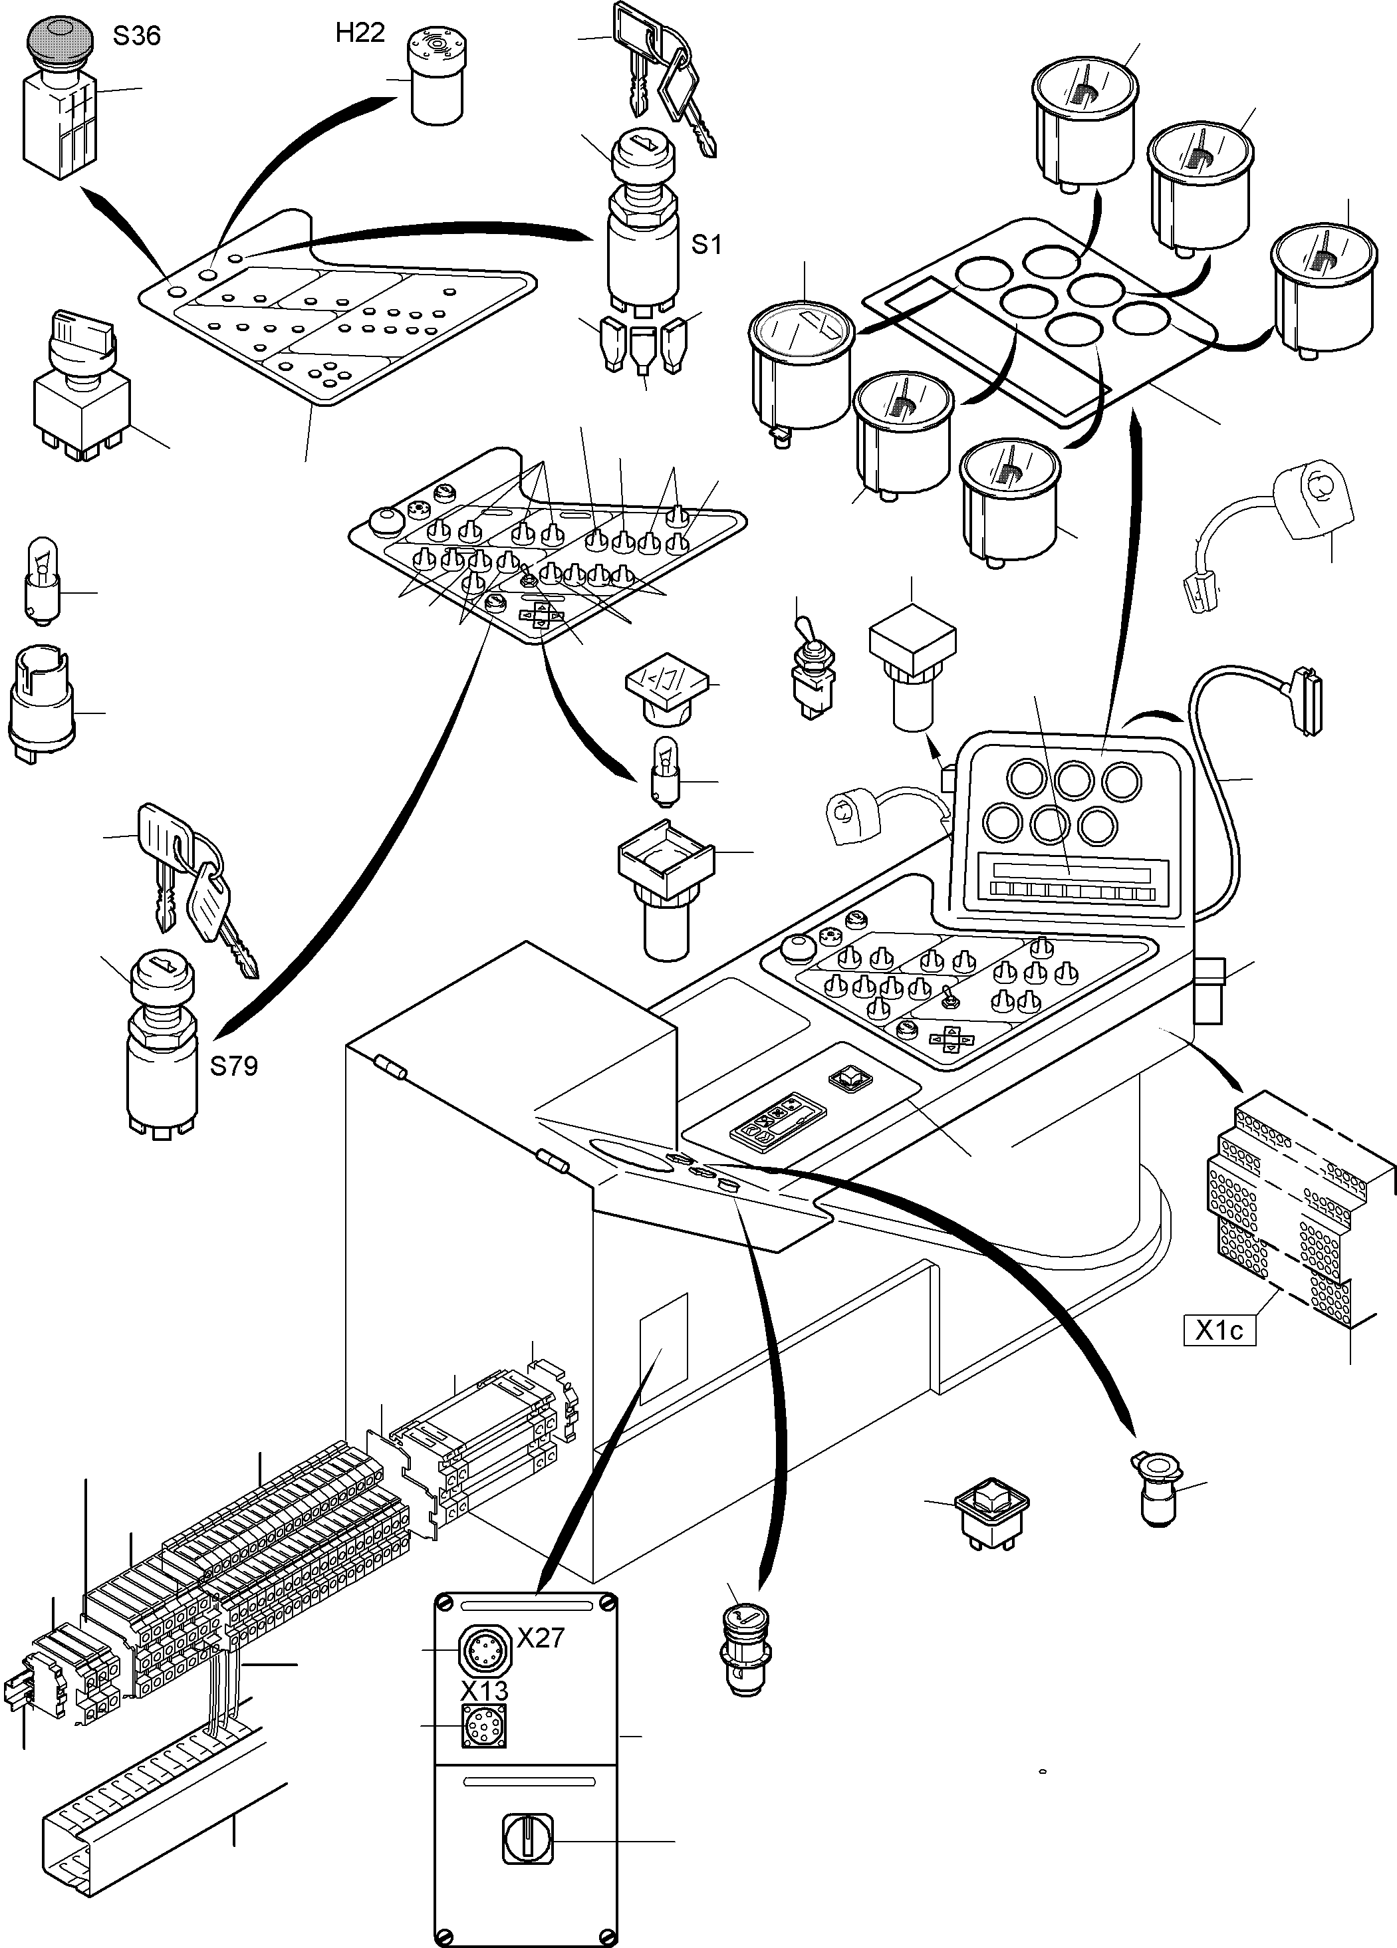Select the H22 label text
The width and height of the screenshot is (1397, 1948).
click(x=360, y=33)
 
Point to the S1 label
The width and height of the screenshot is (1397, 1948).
click(x=706, y=245)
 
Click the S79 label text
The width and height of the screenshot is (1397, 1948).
click(x=233, y=1067)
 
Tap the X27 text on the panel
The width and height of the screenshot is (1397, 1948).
click(x=541, y=1638)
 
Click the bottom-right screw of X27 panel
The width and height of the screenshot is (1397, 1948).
click(x=608, y=1936)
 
